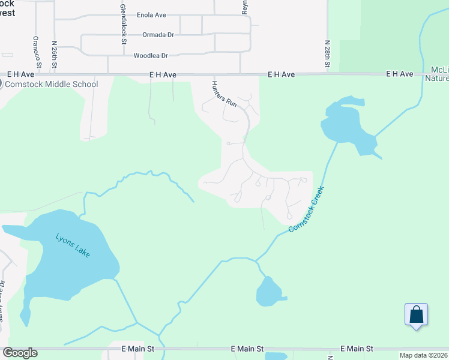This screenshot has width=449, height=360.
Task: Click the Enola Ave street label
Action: coord(151,15)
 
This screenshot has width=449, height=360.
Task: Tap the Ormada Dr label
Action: coord(158,35)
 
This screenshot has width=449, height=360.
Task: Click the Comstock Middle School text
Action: coord(51,84)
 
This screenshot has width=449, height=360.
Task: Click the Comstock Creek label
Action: coord(306,209)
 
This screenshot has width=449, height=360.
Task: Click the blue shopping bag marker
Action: coord(416,315)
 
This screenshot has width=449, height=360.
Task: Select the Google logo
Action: coord(20,353)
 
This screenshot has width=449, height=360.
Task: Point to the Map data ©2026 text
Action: coord(423,355)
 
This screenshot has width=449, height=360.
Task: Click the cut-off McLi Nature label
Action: coord(436,73)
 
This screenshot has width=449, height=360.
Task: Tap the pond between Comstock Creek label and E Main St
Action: coord(269,293)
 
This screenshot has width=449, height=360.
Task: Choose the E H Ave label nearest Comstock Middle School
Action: coord(163,75)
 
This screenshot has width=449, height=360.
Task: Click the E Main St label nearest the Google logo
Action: coord(138,349)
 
